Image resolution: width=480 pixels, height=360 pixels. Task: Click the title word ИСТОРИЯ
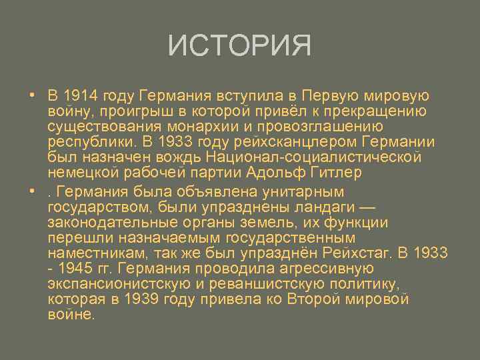(x=240, y=46)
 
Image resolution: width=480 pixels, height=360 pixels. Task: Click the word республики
(x=90, y=141)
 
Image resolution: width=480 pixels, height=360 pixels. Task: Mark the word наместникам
(x=97, y=253)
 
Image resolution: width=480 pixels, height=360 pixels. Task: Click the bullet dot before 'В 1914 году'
(x=31, y=95)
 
